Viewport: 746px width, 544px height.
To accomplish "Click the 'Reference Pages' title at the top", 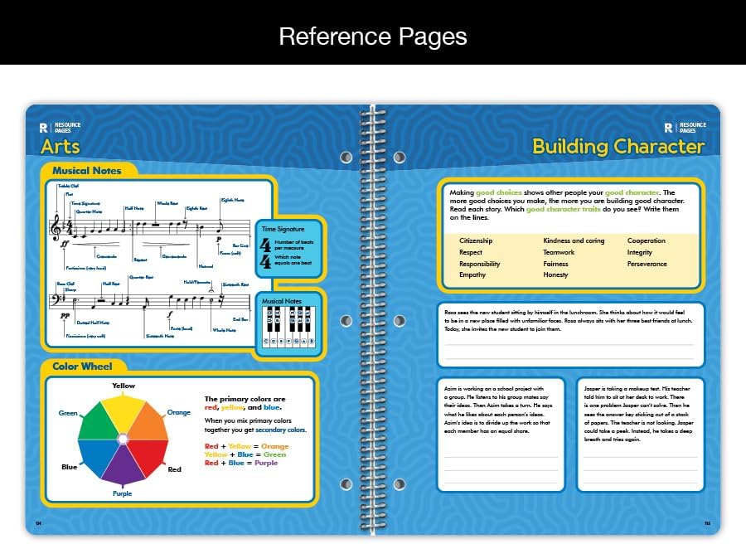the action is click(x=372, y=36).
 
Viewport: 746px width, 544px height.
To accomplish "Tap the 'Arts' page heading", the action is click(x=61, y=147).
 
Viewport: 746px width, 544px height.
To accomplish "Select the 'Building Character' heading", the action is click(x=618, y=147).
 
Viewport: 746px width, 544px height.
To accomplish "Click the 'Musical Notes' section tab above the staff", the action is click(x=86, y=171).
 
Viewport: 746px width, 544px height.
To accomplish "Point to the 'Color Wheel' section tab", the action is click(x=82, y=367).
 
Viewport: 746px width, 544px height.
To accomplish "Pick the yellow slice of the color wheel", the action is click(x=123, y=410).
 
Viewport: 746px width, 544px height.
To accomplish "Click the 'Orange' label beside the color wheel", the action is click(x=178, y=412).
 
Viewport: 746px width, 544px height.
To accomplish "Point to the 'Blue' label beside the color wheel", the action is click(x=69, y=467).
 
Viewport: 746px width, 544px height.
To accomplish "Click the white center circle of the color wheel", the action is click(x=123, y=438).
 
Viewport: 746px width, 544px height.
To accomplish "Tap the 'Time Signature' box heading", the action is click(x=283, y=229).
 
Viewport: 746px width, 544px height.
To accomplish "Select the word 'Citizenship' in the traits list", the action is click(x=476, y=241).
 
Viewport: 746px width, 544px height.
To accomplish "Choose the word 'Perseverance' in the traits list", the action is click(x=647, y=264).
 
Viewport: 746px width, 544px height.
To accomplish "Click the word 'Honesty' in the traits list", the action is click(x=555, y=275).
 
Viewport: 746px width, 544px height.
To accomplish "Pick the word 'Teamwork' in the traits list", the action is click(x=559, y=252).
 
